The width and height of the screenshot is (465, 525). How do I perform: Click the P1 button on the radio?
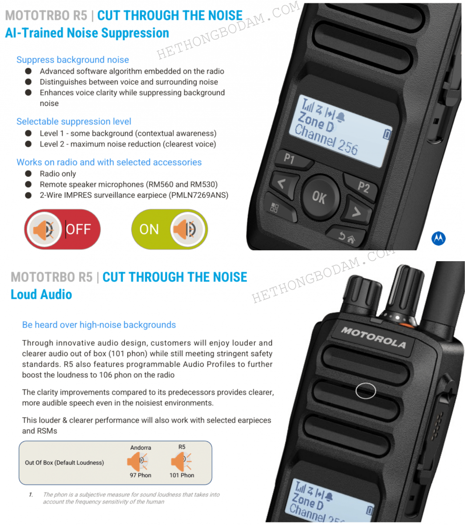pos(290,159)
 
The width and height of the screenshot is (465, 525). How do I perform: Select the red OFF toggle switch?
pos(62,229)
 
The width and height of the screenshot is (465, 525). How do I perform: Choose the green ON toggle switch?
pos(169,229)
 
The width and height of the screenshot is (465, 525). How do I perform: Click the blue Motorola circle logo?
pos(438,238)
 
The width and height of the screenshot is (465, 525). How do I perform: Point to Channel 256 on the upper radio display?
pos(326,140)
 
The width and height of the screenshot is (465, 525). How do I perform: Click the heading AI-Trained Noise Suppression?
pos(87,33)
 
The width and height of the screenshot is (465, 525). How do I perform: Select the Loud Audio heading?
pos(41,294)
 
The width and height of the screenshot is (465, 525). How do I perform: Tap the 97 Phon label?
pos(140,475)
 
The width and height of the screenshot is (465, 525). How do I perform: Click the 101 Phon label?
pos(182,475)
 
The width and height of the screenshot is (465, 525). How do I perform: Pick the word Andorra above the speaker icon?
pos(141,448)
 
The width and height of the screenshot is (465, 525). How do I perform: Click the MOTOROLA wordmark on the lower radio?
pos(373,337)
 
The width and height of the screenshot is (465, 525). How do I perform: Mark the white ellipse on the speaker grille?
pos(365,391)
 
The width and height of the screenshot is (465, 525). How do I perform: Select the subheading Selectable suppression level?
pos(74,122)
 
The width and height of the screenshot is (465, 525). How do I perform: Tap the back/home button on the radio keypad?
pos(345,237)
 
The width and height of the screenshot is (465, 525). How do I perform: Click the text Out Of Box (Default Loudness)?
pos(64,462)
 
